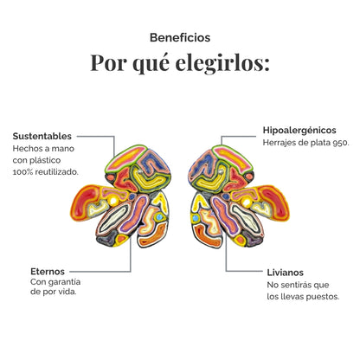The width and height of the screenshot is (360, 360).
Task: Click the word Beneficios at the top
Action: point(180,37)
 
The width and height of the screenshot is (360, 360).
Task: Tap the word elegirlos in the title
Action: point(222,63)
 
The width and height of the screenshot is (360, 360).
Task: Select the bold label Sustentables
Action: point(42,136)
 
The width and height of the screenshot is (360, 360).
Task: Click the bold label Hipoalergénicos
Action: point(299,131)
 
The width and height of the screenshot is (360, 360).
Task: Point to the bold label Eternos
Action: point(48,272)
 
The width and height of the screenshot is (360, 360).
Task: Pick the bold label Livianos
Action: point(286,273)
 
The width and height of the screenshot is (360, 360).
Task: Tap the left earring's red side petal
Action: point(86,202)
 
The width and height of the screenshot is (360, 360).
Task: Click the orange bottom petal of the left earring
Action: point(152,235)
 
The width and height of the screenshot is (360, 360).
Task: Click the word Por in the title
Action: point(109,63)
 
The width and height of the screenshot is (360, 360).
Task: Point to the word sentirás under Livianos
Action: point(299,285)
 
